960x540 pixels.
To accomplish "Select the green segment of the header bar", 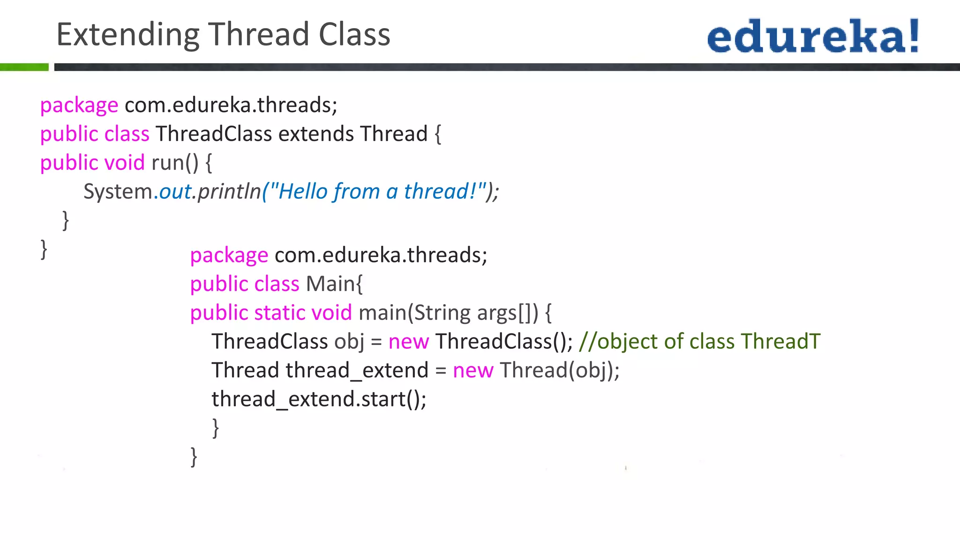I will (x=24, y=67).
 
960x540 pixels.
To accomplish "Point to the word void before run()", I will (x=124, y=163).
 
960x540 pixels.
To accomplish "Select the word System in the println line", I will (x=118, y=192).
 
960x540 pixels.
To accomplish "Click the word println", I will (x=229, y=192).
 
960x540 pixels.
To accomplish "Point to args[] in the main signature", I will (x=503, y=313).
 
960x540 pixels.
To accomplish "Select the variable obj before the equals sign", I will (x=349, y=342).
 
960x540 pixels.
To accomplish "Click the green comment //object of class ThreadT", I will (x=699, y=342).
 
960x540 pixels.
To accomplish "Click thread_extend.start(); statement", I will (x=319, y=399).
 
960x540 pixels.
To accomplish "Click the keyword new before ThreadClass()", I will (x=408, y=342).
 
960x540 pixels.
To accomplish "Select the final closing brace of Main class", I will (x=194, y=457).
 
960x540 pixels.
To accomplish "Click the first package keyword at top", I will (x=79, y=105).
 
